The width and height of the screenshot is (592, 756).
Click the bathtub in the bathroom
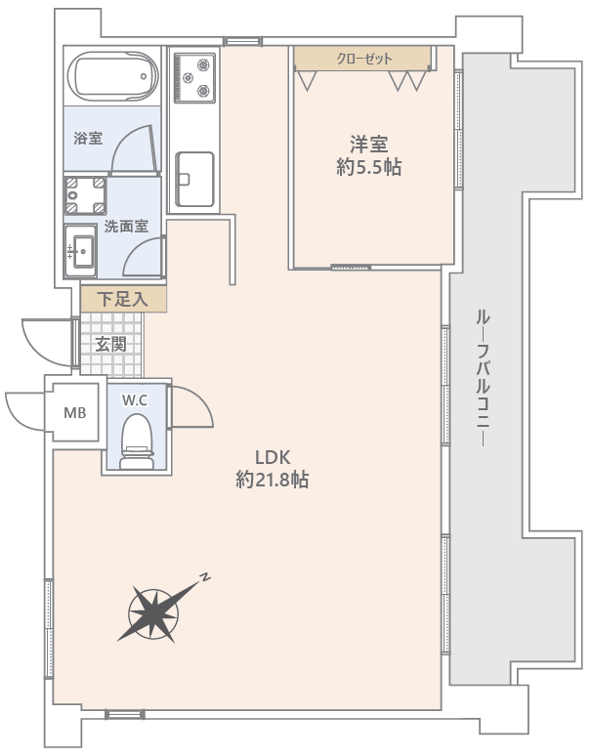click(x=112, y=76)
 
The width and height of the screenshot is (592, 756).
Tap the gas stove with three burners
click(x=194, y=77)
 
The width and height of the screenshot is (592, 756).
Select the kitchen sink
click(x=194, y=180)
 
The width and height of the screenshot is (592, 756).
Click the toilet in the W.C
click(x=137, y=441)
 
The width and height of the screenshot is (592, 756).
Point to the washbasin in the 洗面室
click(x=80, y=251)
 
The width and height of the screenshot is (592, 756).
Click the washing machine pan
click(x=85, y=195)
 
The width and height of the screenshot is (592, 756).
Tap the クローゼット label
click(x=364, y=59)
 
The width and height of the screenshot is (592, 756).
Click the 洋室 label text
click(x=369, y=145)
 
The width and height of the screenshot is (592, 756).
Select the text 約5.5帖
click(x=369, y=167)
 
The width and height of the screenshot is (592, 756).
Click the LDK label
click(x=273, y=456)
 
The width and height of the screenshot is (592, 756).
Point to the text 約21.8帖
click(x=273, y=480)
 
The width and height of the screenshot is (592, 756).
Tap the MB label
click(x=75, y=413)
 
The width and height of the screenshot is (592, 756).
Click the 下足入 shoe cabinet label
click(x=122, y=300)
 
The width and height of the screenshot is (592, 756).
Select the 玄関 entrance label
click(x=111, y=344)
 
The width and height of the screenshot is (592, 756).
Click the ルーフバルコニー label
click(x=484, y=379)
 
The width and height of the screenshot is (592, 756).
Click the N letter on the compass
click(x=205, y=576)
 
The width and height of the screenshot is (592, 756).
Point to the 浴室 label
click(x=88, y=139)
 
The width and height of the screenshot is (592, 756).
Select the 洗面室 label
click(x=126, y=227)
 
